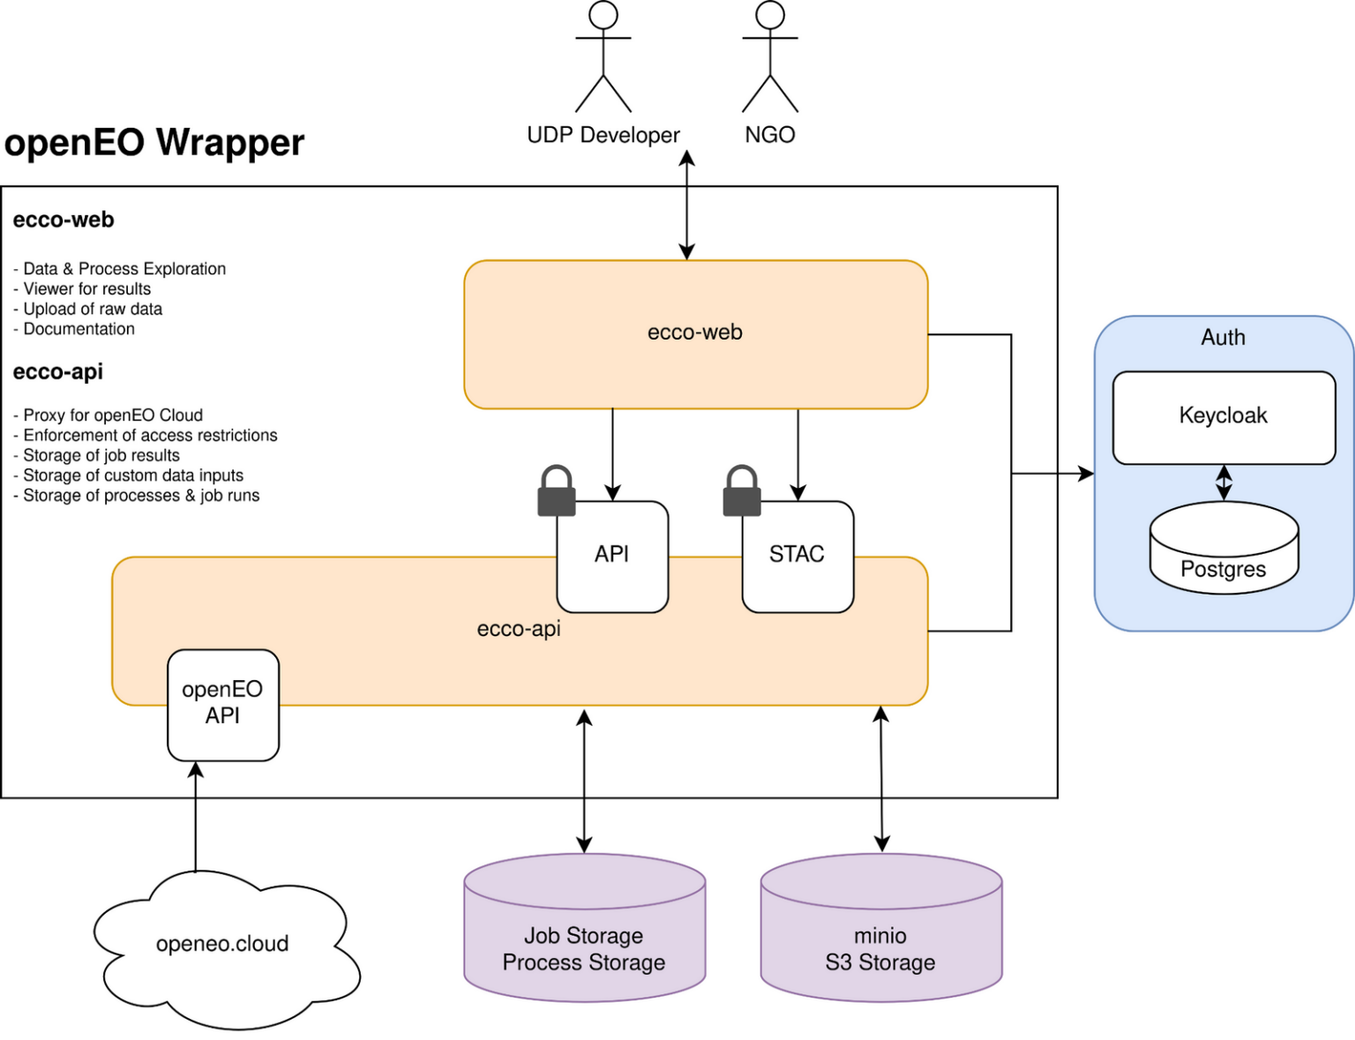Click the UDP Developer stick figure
(603, 57)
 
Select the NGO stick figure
(769, 57)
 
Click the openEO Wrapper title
(154, 143)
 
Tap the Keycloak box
(1224, 417)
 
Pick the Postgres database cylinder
(1224, 548)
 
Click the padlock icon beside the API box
(557, 491)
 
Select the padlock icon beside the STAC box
(742, 491)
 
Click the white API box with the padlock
(612, 557)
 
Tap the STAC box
(797, 557)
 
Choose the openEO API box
(223, 704)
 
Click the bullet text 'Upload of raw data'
(92, 309)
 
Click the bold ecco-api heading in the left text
(58, 372)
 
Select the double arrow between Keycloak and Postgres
(1224, 483)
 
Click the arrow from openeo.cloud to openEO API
(196, 816)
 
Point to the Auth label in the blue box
(1223, 338)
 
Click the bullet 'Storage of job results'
(101, 455)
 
